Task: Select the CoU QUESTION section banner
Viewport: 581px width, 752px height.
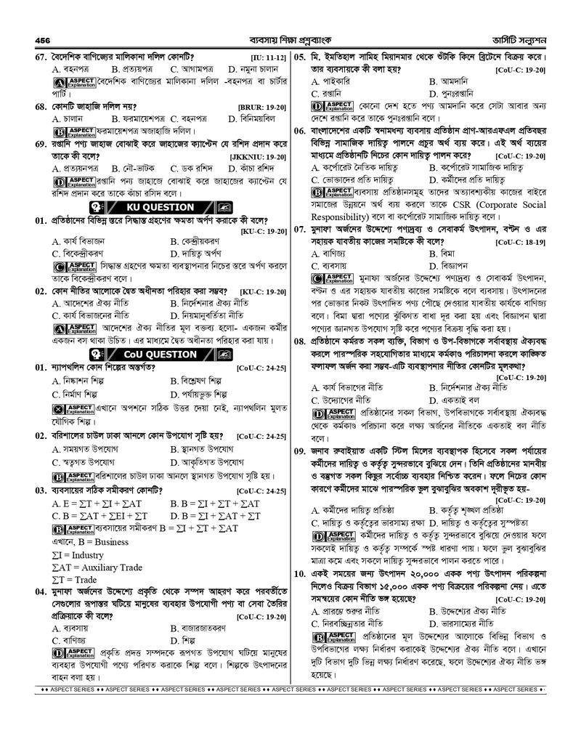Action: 150,355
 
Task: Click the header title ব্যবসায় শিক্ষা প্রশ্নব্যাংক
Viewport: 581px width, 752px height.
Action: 289,40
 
